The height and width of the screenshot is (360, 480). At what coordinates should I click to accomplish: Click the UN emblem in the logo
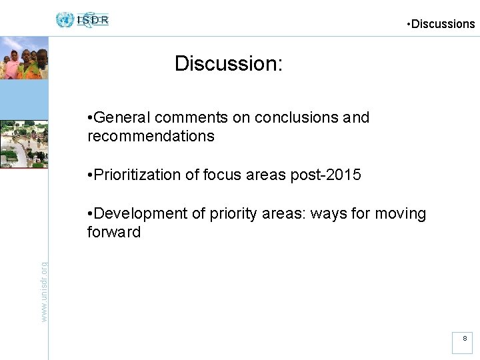tap(65, 20)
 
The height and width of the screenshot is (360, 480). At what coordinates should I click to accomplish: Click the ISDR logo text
tap(93, 20)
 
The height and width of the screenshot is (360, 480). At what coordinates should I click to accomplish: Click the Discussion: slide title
tap(229, 64)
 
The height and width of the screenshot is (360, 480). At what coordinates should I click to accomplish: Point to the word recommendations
tap(151, 137)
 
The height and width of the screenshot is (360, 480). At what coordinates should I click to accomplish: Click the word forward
tap(114, 233)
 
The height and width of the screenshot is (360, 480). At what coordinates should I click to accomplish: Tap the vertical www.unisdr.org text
tap(44, 291)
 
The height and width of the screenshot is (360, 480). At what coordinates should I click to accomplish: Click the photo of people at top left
tap(24, 58)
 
